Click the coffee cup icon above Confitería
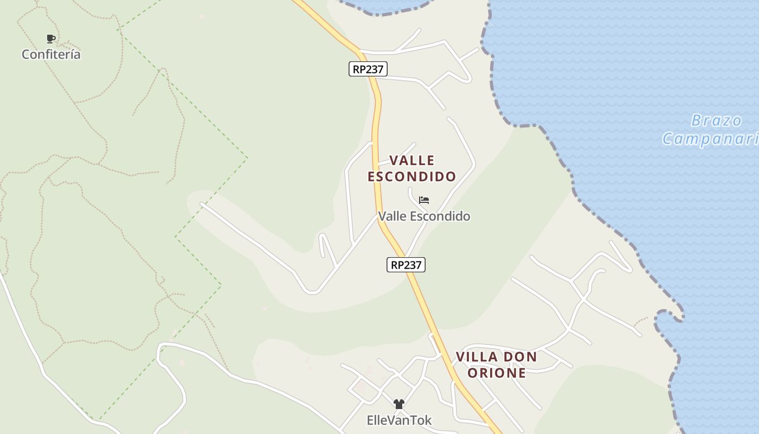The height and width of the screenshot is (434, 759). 50,39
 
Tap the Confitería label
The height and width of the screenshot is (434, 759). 51,54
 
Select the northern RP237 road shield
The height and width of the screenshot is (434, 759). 368,69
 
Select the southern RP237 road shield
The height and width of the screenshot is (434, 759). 406,265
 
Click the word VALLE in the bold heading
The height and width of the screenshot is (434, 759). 412,161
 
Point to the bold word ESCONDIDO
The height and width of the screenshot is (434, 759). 412,177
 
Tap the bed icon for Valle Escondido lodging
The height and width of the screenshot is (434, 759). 424,200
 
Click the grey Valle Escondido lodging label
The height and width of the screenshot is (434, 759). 424,216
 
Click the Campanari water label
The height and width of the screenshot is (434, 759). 710,139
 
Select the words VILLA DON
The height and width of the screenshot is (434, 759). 496,357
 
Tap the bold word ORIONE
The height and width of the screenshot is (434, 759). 497,373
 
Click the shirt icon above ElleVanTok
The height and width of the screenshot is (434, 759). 399,404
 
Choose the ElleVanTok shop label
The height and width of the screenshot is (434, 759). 399,420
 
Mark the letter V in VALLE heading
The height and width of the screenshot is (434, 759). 395,161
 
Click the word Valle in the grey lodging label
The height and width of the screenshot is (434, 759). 392,216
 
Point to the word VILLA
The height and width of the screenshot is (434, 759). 477,357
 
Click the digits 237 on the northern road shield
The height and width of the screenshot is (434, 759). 375,69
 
